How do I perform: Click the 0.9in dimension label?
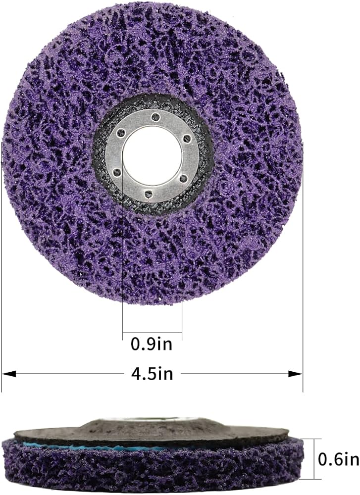[x=152, y=344]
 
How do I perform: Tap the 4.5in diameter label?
[x=152, y=374]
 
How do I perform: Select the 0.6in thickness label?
[x=338, y=459]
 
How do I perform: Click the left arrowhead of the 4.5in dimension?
[x=9, y=374]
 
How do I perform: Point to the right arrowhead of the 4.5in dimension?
[x=296, y=374]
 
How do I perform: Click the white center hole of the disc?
[x=153, y=154]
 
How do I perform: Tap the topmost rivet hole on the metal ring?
[x=154, y=117]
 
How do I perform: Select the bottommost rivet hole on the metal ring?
[x=147, y=193]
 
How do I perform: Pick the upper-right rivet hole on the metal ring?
[x=187, y=138]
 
